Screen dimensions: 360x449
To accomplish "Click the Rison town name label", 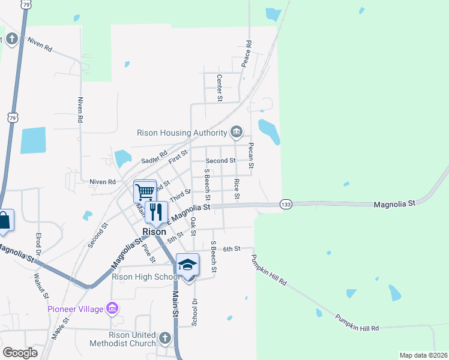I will click(x=154, y=232).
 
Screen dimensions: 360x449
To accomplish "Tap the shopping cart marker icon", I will click(x=145, y=192).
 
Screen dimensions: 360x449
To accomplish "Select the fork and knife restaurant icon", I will click(x=156, y=212).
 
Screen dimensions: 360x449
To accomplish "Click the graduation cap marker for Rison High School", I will click(x=187, y=265).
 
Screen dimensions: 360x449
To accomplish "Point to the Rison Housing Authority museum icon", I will click(x=237, y=132).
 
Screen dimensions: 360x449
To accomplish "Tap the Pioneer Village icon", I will click(x=111, y=308).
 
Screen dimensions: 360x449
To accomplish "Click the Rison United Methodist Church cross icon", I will click(x=166, y=338).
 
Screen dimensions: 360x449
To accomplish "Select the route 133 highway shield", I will click(x=286, y=205).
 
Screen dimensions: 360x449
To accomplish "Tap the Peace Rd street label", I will click(x=247, y=53).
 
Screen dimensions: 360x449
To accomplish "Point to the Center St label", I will click(x=220, y=88).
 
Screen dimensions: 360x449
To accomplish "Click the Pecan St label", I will click(x=252, y=155).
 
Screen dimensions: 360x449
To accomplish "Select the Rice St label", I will click(x=237, y=189).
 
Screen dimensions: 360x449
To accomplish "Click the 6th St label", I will click(x=232, y=248).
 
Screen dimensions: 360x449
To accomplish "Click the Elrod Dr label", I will click(x=38, y=243).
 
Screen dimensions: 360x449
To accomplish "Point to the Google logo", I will click(x=20, y=353).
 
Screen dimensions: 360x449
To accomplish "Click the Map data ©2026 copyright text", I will click(x=423, y=355).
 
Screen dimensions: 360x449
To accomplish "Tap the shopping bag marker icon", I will click(x=4, y=220).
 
